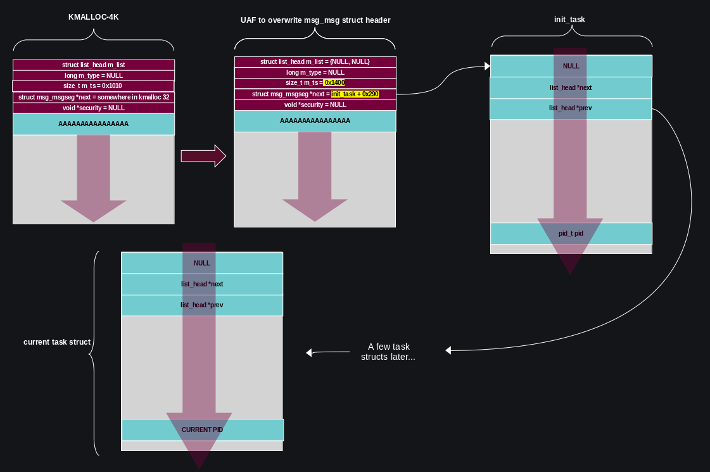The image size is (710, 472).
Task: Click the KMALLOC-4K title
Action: click(93, 17)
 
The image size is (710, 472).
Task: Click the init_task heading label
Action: click(569, 20)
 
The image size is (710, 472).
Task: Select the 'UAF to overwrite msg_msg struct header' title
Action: click(315, 20)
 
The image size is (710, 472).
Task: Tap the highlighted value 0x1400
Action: click(334, 83)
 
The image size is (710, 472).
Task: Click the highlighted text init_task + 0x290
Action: click(355, 94)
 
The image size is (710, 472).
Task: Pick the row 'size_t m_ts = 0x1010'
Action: click(93, 86)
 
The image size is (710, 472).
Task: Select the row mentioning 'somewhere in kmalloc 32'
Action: click(93, 98)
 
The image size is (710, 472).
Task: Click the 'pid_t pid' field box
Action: click(571, 234)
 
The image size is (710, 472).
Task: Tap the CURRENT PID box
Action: click(202, 430)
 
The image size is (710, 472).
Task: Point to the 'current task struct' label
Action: click(57, 342)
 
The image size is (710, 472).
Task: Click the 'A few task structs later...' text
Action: click(388, 352)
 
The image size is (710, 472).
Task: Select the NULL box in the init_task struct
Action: click(571, 66)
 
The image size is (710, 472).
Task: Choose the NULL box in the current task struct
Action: click(201, 263)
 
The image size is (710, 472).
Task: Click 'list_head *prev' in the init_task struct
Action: click(571, 108)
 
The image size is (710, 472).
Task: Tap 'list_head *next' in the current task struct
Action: click(201, 284)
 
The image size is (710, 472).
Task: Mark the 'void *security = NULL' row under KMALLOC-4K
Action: click(93, 108)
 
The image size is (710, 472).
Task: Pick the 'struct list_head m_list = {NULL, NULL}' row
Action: click(315, 61)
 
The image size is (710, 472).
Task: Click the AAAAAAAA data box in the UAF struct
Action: click(315, 120)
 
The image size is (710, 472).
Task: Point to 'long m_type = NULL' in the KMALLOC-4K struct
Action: click(93, 75)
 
